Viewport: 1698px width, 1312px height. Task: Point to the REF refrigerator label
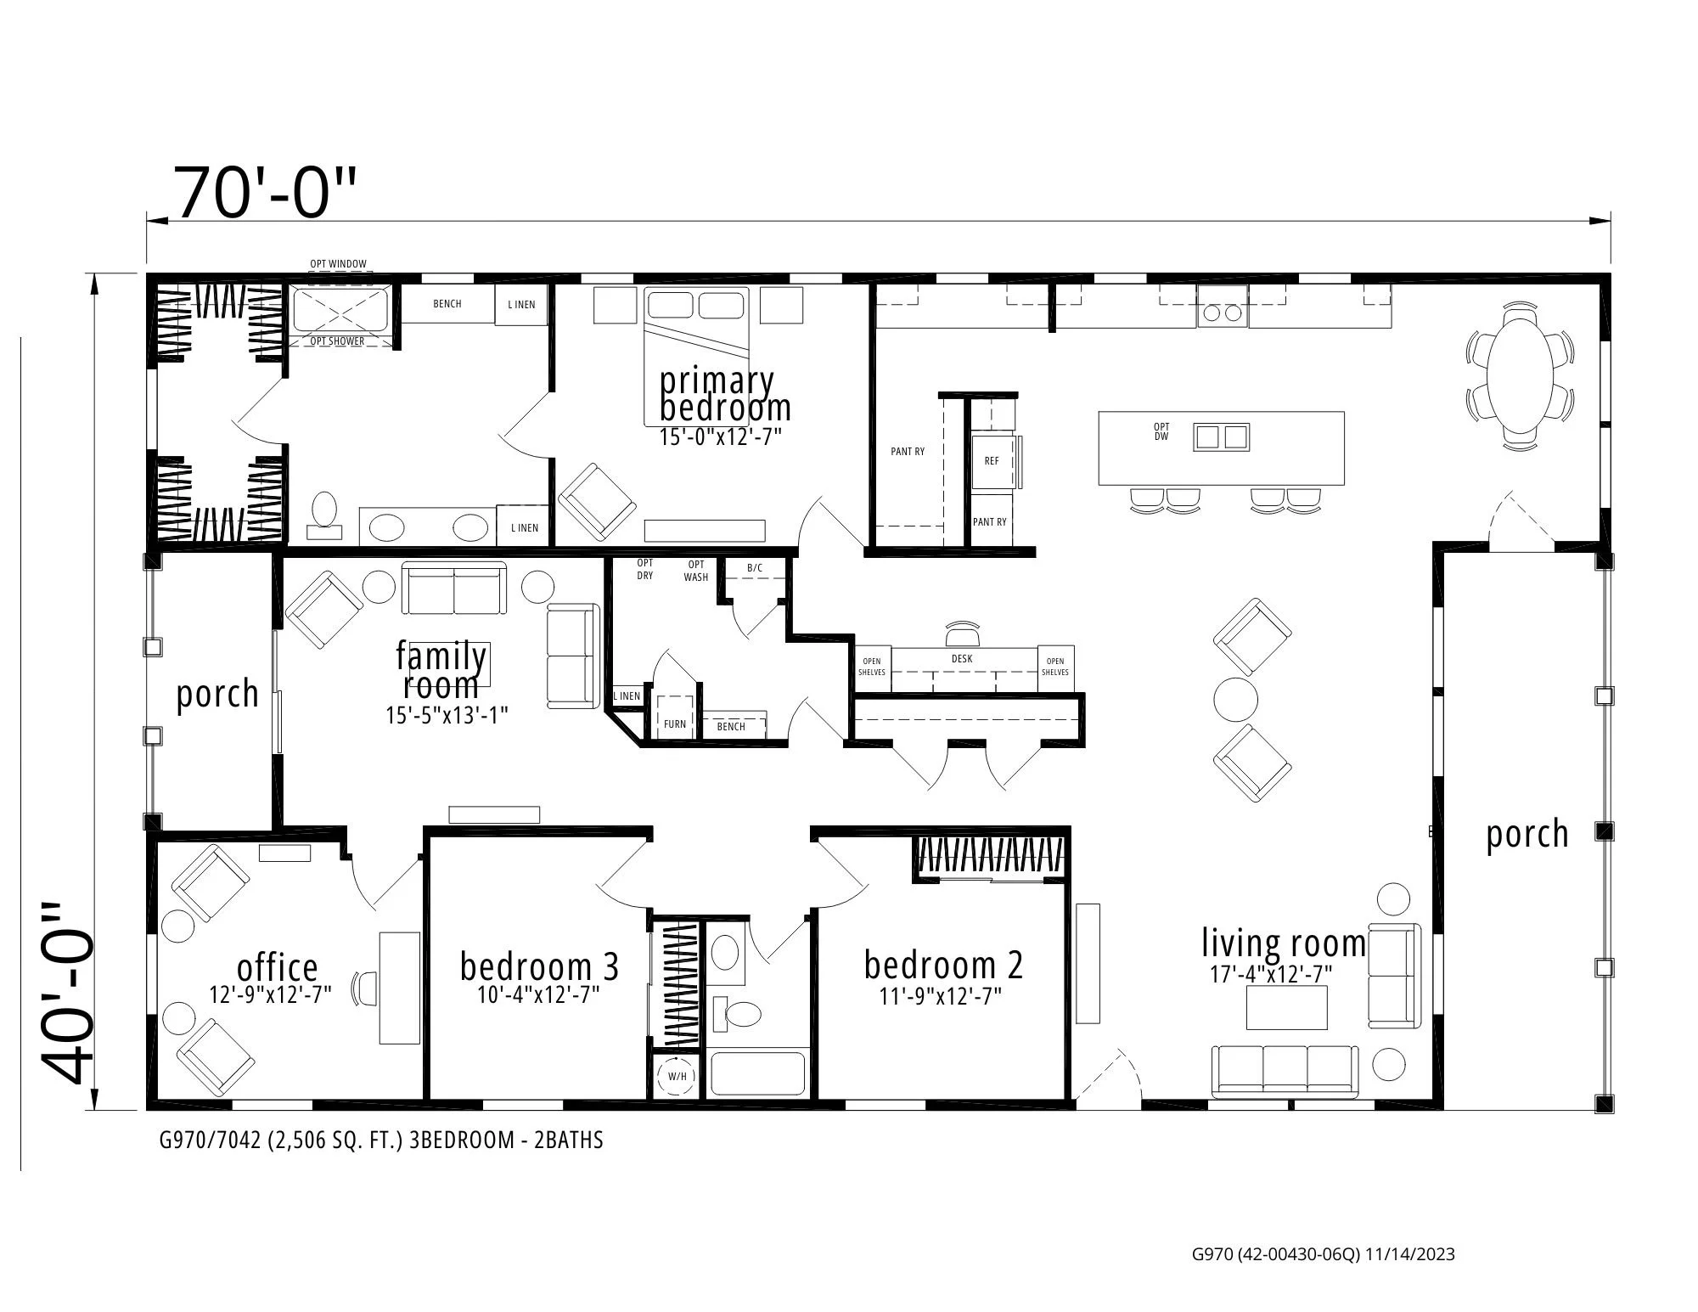point(992,461)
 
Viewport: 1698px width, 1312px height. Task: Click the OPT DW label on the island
point(1161,431)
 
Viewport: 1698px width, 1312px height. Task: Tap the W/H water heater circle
point(677,1076)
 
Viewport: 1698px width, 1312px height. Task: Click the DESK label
point(962,659)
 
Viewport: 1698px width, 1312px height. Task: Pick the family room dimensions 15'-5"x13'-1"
point(447,715)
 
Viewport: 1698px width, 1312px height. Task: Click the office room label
point(277,967)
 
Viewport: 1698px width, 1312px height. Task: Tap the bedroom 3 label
point(539,966)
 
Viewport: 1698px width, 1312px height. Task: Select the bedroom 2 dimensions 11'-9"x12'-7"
point(941,996)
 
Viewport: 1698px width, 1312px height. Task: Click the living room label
point(1283,943)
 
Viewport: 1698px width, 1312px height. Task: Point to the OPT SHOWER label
point(337,341)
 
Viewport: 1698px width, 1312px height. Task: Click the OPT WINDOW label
point(338,264)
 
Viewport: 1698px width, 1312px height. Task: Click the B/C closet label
point(755,567)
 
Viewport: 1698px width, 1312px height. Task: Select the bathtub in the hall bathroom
point(757,1074)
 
